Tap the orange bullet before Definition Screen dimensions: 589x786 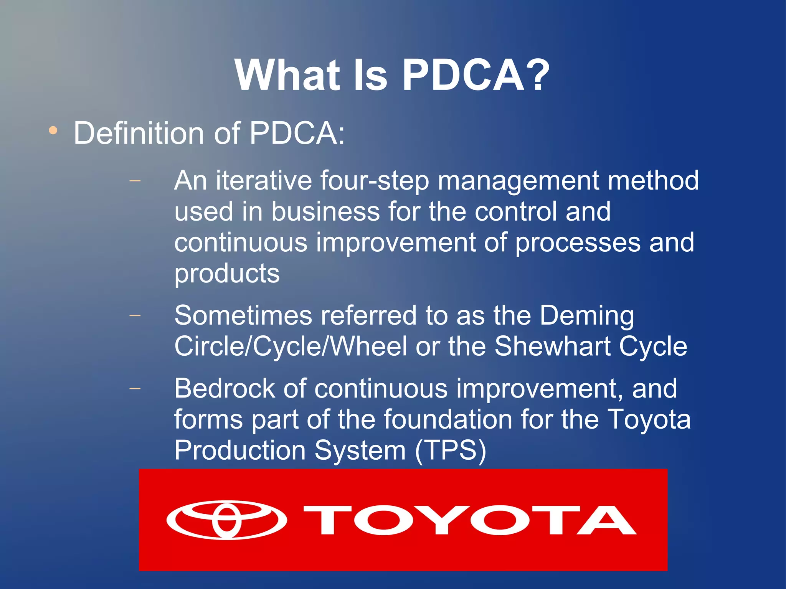click(x=53, y=131)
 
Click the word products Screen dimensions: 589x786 click(x=227, y=274)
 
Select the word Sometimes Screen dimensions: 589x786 click(x=243, y=315)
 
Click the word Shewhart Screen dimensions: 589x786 click(x=552, y=346)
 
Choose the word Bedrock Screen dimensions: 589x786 click(x=225, y=388)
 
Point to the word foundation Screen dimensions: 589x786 click(x=448, y=419)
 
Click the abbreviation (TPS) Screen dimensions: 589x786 click(x=451, y=450)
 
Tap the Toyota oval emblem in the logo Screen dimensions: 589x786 click(x=226, y=520)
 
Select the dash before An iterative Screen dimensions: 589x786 click(x=135, y=180)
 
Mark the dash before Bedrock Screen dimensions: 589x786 click(x=135, y=388)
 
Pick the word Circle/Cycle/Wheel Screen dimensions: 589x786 click(x=291, y=346)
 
